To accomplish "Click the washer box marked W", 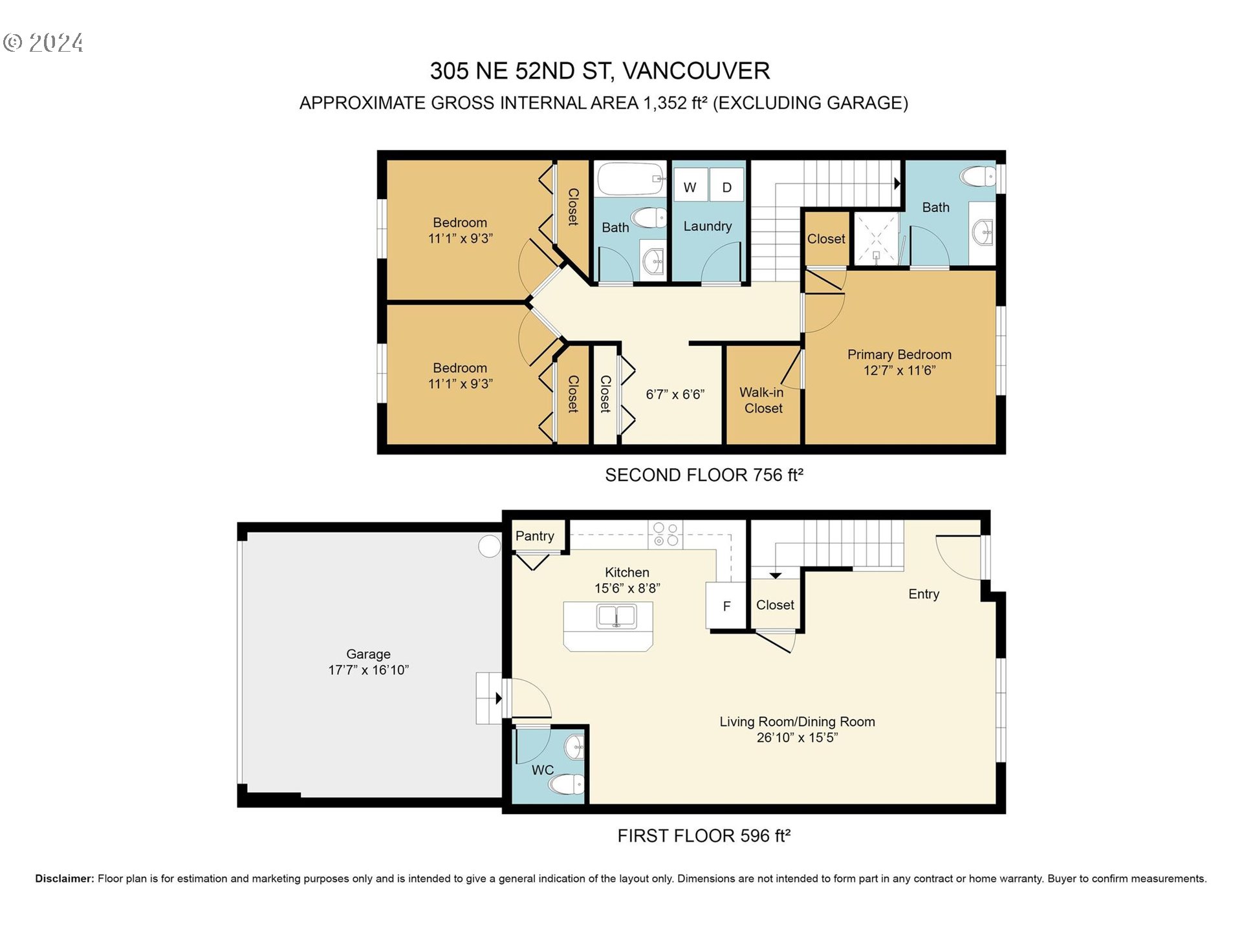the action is click(690, 187).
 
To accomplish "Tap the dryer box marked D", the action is click(726, 187).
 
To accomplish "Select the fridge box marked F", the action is click(726, 606).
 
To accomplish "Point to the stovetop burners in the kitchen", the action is click(666, 534).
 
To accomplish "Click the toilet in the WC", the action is click(566, 784).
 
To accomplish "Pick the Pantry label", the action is click(535, 536).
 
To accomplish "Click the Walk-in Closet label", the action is click(763, 400).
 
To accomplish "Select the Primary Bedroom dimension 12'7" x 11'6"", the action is click(899, 370).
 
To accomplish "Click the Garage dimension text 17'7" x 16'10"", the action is click(368, 670).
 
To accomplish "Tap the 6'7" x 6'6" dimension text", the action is click(675, 394).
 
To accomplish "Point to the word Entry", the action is click(924, 594).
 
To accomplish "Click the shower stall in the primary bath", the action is click(876, 238).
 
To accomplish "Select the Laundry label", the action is click(708, 226).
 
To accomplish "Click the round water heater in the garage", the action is click(490, 546).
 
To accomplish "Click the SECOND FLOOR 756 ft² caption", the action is click(704, 475).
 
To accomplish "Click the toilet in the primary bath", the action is click(978, 176).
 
